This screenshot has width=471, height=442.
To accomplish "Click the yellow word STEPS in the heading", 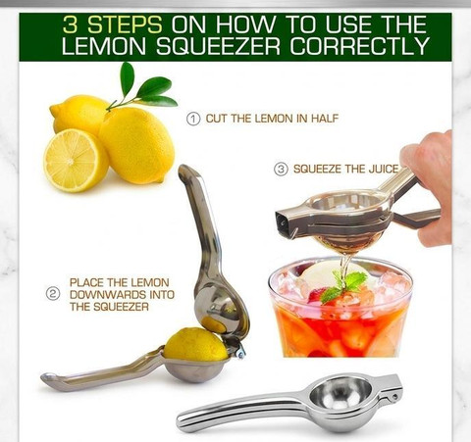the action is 125,25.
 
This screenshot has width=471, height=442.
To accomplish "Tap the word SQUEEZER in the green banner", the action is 218,46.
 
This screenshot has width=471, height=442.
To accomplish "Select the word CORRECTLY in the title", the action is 359,46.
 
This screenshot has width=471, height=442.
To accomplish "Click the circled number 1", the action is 193,119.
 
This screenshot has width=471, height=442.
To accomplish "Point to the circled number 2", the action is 53,294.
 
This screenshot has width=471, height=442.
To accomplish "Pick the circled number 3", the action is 281,170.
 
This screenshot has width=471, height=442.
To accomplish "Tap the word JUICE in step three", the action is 384,169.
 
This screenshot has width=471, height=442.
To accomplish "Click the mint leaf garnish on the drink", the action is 343,285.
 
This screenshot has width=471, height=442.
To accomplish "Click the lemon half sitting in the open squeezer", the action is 195,344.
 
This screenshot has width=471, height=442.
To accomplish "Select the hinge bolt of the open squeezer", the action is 240,353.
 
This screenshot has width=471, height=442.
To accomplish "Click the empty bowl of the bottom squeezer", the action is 340,394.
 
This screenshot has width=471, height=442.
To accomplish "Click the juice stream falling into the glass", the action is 345,268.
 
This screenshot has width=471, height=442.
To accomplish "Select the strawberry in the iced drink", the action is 317,295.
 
